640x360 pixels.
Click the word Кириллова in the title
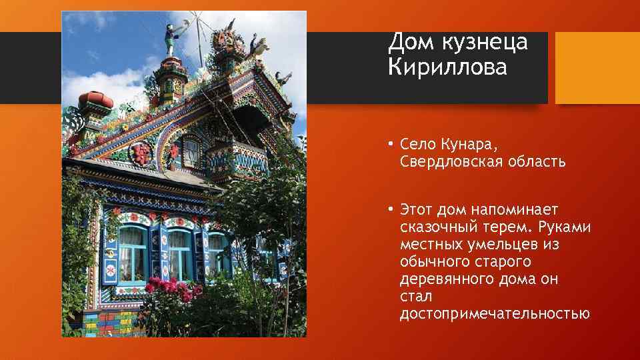(x=447, y=67)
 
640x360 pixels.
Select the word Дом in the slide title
(x=408, y=42)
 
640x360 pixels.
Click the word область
(x=535, y=162)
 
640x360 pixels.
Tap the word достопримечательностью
(x=494, y=313)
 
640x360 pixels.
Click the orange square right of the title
(x=597, y=67)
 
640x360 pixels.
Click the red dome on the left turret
(x=95, y=101)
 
